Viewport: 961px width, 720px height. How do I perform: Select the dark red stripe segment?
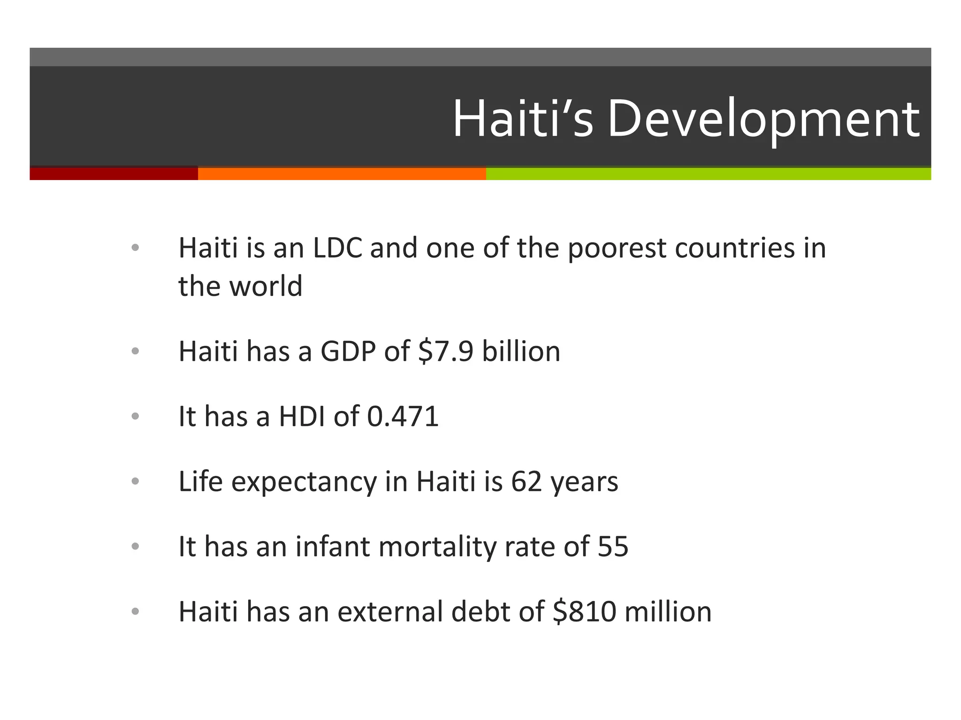pos(114,173)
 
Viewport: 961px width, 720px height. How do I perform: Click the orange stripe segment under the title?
pos(342,173)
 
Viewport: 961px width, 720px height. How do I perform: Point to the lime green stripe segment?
pos(709,173)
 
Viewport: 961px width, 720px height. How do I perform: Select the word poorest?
pos(617,248)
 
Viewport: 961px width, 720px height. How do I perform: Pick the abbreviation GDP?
pos(348,351)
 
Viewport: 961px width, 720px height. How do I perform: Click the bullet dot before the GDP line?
pos(136,351)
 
